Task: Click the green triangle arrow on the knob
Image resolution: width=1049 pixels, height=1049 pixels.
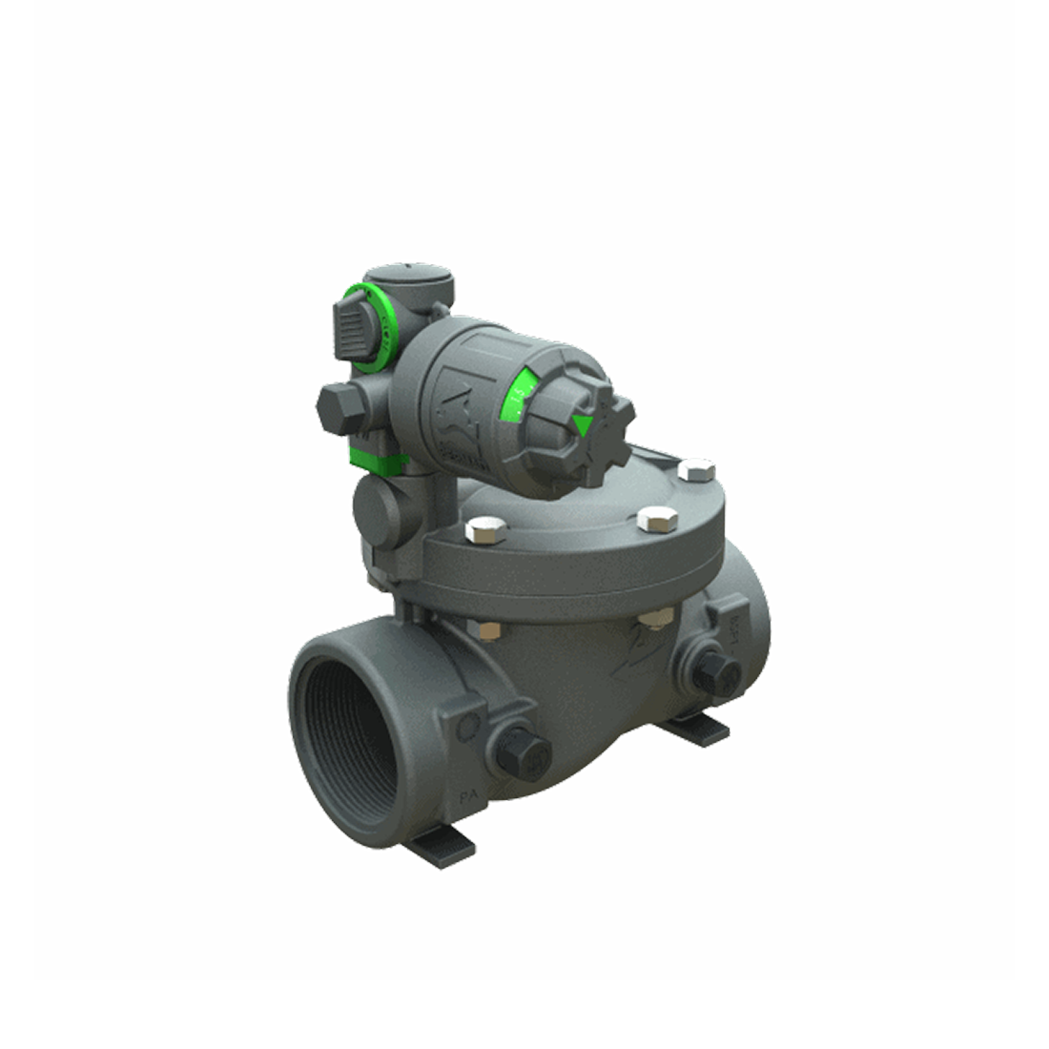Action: (x=581, y=425)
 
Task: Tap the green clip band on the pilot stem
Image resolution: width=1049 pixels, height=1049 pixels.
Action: (x=378, y=457)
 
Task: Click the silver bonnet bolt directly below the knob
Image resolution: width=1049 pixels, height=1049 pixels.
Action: (x=655, y=520)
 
